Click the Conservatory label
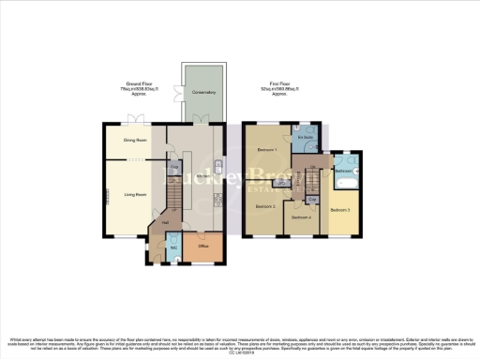[204, 93]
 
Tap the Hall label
[164, 223]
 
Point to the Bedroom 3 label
[340, 210]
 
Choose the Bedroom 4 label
[300, 217]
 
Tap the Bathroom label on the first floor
[343, 172]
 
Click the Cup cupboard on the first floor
[311, 199]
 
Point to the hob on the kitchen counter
[218, 201]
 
